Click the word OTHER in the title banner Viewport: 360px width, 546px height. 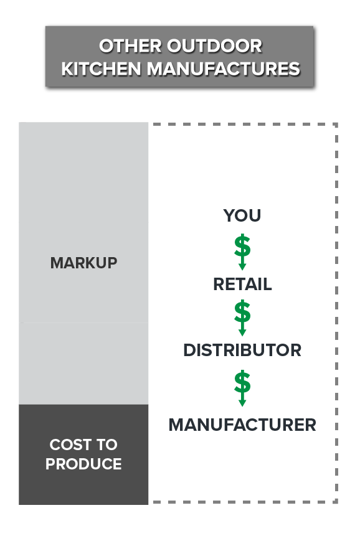pos(130,46)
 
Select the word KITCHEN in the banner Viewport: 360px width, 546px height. pos(101,68)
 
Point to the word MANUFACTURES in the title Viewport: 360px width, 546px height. pos(224,68)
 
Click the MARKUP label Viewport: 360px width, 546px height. pos(83,263)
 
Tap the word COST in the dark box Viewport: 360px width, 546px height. pos(70,445)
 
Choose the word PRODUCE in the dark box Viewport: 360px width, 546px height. pos(83,464)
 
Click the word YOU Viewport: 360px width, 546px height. pos(242,215)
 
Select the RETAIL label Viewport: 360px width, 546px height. pos(242,284)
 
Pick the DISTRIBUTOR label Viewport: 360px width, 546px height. pos(242,351)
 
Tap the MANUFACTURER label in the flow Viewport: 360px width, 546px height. pos(242,425)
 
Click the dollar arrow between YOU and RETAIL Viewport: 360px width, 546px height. pos(242,252)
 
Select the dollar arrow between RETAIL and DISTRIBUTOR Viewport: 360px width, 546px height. pos(242,318)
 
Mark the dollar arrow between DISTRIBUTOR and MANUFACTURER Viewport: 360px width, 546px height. pos(242,388)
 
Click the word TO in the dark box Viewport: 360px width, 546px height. pos(107,445)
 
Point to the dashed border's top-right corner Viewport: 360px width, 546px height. pos(336,125)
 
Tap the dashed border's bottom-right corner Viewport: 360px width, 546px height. pos(336,502)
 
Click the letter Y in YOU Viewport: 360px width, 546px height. pos(229,215)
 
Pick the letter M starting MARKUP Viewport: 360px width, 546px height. pos(57,263)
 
